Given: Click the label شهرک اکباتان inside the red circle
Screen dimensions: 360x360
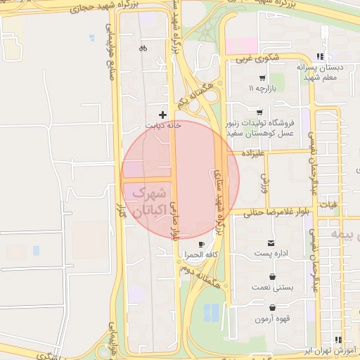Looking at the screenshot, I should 150,200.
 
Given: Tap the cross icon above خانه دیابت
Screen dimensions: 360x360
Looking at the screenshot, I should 163,114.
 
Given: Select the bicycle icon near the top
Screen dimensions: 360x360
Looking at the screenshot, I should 143,49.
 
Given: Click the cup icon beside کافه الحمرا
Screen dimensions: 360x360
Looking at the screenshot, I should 202,245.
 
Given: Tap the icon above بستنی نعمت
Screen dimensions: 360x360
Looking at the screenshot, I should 272,276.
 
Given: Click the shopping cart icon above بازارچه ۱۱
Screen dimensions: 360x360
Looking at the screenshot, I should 262,78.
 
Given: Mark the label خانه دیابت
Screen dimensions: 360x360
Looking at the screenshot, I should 163,125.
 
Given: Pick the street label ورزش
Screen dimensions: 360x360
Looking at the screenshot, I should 264,182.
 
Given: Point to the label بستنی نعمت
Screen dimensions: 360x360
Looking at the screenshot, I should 271,288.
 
